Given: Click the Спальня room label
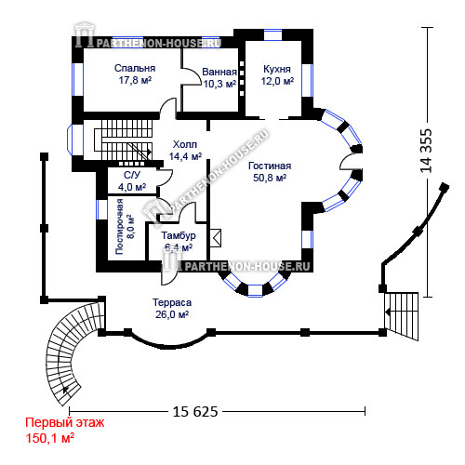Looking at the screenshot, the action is tap(135, 68).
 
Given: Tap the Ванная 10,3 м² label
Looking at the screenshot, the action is tap(219, 78).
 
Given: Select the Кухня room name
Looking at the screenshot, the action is tap(277, 69).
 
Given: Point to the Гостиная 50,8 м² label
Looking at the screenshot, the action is tap(270, 172).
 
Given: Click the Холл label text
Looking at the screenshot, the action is tap(185, 144).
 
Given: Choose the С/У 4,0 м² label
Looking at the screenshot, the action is tap(132, 181).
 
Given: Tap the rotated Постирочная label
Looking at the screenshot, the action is tap(119, 227).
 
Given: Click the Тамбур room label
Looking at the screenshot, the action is tap(179, 235).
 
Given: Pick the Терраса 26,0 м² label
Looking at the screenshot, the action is tap(172, 309).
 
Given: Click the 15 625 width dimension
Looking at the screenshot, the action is tap(195, 412).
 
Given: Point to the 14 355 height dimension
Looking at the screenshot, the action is tap(426, 151).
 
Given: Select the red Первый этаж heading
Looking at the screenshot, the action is tap(65, 423).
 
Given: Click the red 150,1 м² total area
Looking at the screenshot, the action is tap(49, 438).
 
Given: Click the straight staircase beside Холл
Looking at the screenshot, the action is tap(124, 139).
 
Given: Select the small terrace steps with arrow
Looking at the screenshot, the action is tap(401, 316).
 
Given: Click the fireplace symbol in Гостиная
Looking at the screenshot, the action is tap(216, 238).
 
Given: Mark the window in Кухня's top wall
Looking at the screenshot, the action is tap(272, 34).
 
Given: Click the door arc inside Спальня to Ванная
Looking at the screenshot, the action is tap(191, 76).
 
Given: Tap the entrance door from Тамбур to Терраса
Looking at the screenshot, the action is tap(169, 273).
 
